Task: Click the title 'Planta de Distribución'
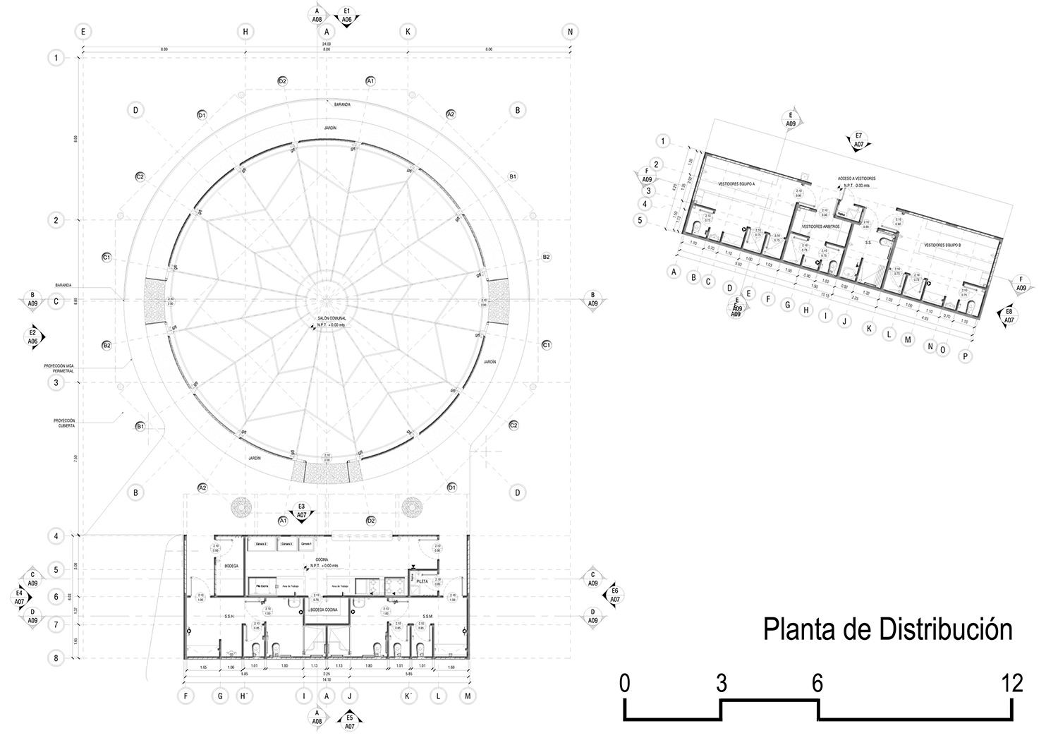(887, 629)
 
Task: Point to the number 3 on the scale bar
(721, 683)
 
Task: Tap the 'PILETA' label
(421, 581)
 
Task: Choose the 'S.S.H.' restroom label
(229, 616)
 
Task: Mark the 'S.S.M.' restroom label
(427, 616)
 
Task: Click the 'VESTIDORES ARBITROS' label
(820, 226)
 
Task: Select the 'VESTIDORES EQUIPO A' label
(736, 183)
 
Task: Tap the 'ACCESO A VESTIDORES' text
(856, 178)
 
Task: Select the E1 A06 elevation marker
(347, 16)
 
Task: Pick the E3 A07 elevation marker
(301, 511)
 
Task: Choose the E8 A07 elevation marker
(1009, 315)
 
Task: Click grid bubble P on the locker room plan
(964, 356)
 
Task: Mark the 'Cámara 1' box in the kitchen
(306, 545)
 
